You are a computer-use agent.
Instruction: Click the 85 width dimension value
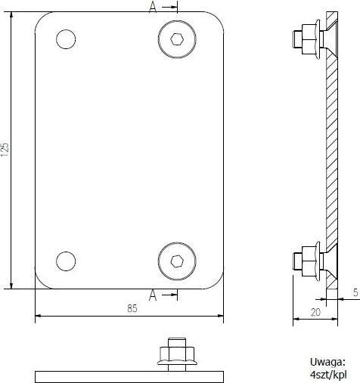pyautogui.click(x=132, y=307)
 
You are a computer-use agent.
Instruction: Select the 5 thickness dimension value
pyautogui.click(x=354, y=292)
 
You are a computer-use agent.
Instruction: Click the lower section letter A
pyautogui.click(x=153, y=295)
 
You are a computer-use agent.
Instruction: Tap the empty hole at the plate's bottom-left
pyautogui.click(x=66, y=261)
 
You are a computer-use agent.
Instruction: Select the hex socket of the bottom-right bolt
pyautogui.click(x=176, y=261)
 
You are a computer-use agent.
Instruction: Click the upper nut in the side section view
pyautogui.click(x=306, y=36)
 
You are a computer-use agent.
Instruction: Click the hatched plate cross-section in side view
pyautogui.click(x=334, y=151)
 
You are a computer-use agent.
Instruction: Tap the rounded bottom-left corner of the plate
pyautogui.click(x=42, y=280)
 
